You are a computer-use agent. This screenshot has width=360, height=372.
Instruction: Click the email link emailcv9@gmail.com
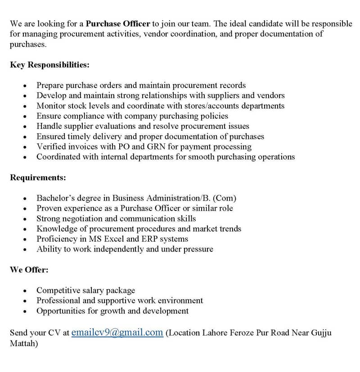point(117,333)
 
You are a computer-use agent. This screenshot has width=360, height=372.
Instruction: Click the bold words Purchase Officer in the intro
point(118,24)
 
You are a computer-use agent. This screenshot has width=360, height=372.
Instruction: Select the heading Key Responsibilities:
point(49,65)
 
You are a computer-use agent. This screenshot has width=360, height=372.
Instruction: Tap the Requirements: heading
point(38,178)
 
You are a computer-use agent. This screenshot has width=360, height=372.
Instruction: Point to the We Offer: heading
point(29,270)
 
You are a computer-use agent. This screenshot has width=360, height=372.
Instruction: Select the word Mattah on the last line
point(24,344)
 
